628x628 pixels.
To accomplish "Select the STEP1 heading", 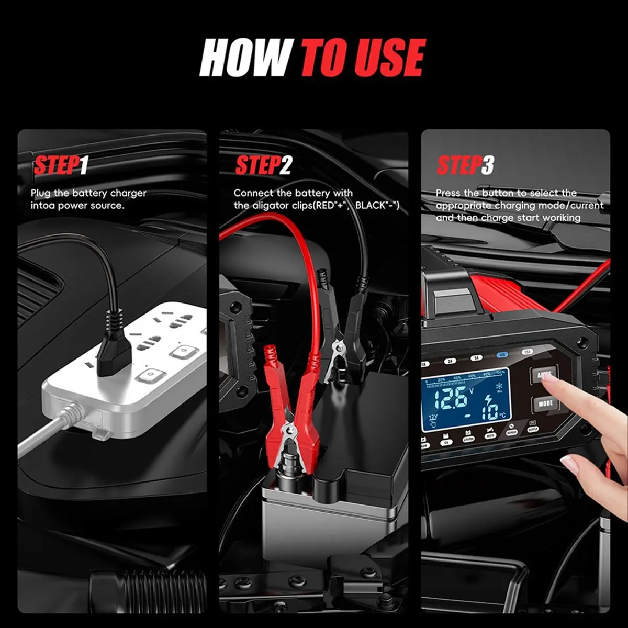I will (x=60, y=165).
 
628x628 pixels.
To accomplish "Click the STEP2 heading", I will (x=263, y=165).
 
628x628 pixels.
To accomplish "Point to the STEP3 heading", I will (x=465, y=165).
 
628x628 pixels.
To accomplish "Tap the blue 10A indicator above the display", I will (x=502, y=354).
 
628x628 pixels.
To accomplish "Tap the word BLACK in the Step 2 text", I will (x=370, y=206).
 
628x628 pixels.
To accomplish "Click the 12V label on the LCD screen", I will (x=433, y=417).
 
